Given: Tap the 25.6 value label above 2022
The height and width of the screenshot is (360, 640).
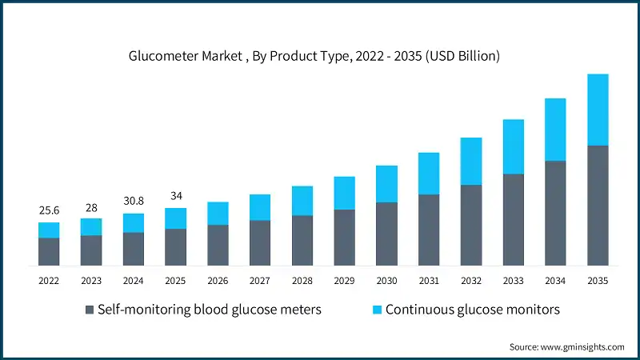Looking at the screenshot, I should (49, 210).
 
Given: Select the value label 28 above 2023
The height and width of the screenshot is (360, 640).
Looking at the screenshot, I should (91, 206).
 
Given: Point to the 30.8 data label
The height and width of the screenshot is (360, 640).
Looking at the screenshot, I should (134, 202).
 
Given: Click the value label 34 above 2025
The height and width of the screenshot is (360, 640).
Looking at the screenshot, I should (175, 196).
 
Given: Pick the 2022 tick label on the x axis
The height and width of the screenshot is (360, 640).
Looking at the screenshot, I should (49, 281).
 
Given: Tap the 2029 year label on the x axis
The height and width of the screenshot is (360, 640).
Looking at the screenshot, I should (344, 281).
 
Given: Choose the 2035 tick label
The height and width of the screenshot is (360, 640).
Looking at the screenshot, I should (598, 281).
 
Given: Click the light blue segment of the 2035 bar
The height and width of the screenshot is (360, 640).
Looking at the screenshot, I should (598, 110).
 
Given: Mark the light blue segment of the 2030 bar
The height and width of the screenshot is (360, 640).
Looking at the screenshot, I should (386, 184).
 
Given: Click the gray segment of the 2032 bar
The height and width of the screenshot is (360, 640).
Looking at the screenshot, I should (471, 225).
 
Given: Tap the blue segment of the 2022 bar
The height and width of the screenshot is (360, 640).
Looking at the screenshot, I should (49, 230).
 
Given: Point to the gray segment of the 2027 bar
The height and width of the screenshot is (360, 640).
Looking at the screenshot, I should (260, 242).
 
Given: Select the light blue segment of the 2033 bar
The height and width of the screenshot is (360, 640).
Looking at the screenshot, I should (514, 146).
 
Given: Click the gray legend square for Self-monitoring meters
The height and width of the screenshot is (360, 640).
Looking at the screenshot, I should (90, 310).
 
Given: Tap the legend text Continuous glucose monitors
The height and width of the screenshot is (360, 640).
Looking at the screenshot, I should (472, 310).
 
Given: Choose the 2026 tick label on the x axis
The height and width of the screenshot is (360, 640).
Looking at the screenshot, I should (218, 281).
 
